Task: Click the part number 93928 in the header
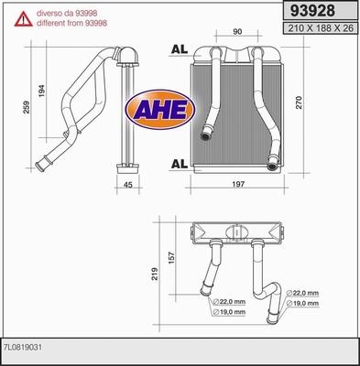(x=312, y=11)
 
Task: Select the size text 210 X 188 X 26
(x=321, y=28)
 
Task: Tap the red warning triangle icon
(x=24, y=19)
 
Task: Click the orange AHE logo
(x=160, y=109)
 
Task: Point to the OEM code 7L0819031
(x=23, y=348)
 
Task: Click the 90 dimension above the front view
(x=237, y=31)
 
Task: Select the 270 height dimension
(x=299, y=102)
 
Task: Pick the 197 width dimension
(x=238, y=184)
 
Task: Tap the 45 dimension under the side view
(x=128, y=185)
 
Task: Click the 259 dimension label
(x=27, y=107)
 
